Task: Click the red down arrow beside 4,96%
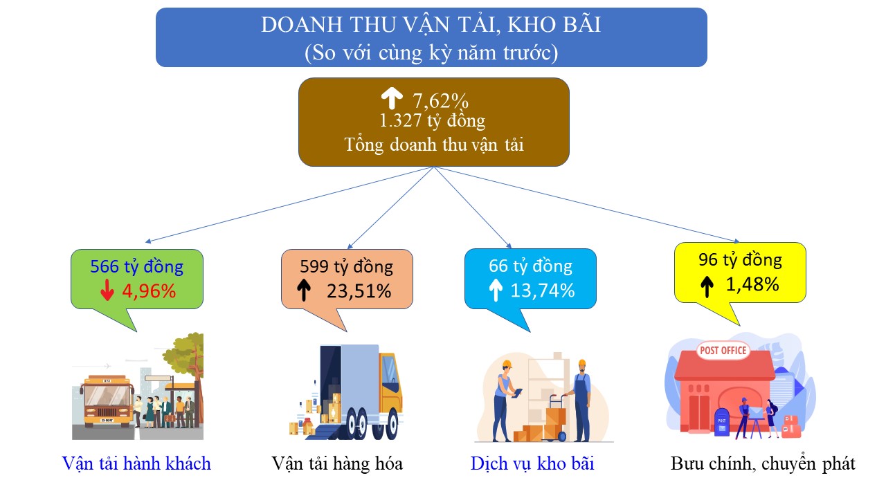[107, 290]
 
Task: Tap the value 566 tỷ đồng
[137, 266]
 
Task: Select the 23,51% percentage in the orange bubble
[359, 291]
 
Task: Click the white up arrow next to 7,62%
[392, 98]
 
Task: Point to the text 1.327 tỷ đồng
[433, 120]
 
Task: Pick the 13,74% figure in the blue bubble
[543, 290]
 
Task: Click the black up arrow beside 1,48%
[707, 286]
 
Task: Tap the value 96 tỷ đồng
[740, 260]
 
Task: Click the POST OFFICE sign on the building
[723, 350]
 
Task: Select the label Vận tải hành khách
[136, 463]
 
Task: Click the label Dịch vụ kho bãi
[532, 463]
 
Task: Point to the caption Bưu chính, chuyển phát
[763, 463]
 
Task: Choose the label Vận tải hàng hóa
[337, 463]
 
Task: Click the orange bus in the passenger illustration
[107, 401]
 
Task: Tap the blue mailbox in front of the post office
[722, 422]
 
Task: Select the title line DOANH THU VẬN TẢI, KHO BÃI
[431, 24]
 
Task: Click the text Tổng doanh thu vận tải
[434, 145]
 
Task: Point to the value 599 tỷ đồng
[347, 266]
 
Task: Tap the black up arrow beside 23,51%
[304, 290]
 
